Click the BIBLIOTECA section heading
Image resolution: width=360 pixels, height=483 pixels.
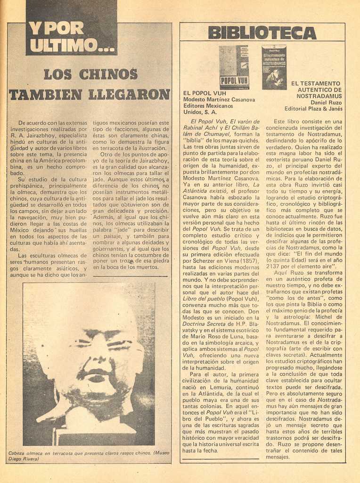(x=262, y=33)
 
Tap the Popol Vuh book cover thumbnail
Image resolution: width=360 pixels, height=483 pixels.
(x=234, y=67)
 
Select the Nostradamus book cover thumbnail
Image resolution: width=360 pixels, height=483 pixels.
(x=274, y=67)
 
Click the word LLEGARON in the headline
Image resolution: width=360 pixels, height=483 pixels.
(x=129, y=94)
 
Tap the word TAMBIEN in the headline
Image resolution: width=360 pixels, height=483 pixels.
(x=46, y=94)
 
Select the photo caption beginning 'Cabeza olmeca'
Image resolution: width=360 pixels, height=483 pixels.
(x=89, y=456)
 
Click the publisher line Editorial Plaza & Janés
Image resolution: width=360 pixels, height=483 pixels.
(x=313, y=109)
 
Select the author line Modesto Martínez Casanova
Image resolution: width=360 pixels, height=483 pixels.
(x=219, y=100)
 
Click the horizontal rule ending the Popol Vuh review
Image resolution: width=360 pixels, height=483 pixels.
(x=221, y=458)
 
